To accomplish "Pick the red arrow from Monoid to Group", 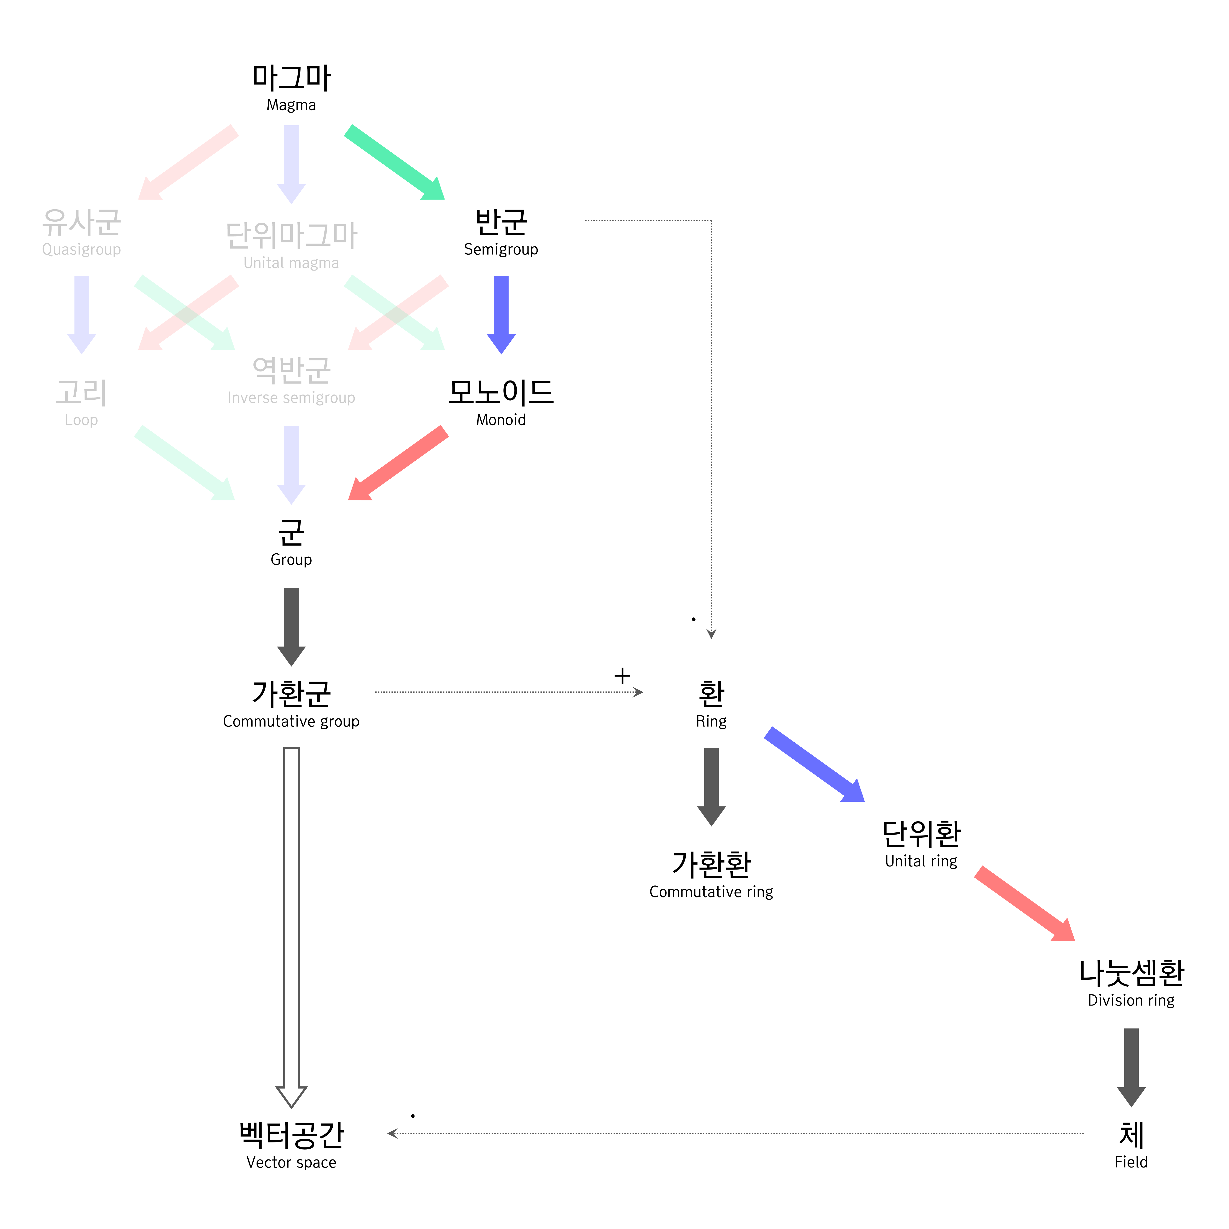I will click(399, 463).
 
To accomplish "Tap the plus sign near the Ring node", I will click(622, 676).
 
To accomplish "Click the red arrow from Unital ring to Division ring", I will click(1024, 903).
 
